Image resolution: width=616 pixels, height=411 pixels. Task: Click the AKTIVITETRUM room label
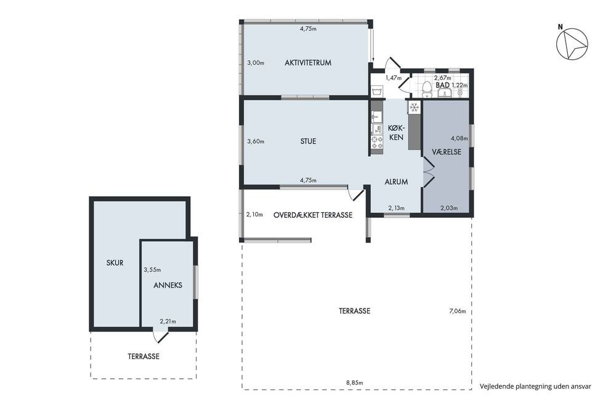click(x=308, y=62)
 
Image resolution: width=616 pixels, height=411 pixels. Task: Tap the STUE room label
click(x=308, y=141)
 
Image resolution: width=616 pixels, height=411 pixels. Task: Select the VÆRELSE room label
click(x=447, y=152)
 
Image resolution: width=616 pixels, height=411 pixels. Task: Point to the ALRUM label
click(x=396, y=182)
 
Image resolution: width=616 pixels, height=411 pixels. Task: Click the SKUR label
click(x=115, y=263)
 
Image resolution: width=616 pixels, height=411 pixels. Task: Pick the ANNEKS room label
click(x=168, y=285)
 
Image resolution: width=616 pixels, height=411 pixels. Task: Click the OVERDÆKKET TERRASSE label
click(x=313, y=215)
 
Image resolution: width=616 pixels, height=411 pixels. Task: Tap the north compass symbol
click(x=572, y=43)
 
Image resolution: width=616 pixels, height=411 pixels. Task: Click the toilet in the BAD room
click(x=426, y=89)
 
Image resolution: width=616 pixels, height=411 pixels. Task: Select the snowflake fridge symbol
click(x=414, y=107)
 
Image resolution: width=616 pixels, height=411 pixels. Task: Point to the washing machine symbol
click(x=377, y=91)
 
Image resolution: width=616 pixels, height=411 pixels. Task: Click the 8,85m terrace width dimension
click(x=354, y=382)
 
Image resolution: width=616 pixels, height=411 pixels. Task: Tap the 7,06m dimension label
click(x=458, y=312)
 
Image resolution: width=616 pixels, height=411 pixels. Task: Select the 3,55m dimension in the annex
click(x=152, y=270)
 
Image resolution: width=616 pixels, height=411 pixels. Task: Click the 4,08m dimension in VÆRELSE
click(x=460, y=138)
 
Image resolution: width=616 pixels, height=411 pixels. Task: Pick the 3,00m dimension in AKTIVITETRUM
click(x=256, y=62)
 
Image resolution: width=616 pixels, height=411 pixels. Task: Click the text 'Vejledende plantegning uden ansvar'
click(x=535, y=386)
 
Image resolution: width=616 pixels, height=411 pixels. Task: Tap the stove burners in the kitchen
click(x=377, y=143)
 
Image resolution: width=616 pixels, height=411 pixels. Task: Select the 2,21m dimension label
click(x=168, y=322)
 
